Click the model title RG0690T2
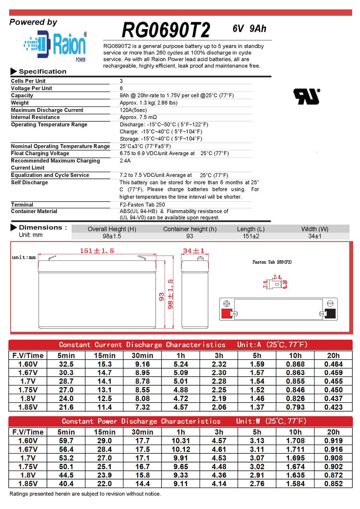tap(165, 30)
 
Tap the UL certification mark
tap(306, 96)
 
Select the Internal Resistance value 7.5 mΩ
tap(138, 117)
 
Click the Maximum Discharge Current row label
tap(47, 110)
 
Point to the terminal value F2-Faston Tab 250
tap(142, 204)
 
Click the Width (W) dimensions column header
tap(314, 229)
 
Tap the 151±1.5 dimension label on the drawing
tap(97, 251)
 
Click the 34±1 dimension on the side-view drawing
tap(193, 251)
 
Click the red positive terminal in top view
tap(226, 314)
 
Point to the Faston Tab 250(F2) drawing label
tap(272, 262)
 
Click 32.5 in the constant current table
tap(66, 364)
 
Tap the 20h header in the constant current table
tap(333, 355)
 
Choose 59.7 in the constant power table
tap(66, 441)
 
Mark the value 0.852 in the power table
tap(333, 484)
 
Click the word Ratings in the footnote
tap(19, 493)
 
